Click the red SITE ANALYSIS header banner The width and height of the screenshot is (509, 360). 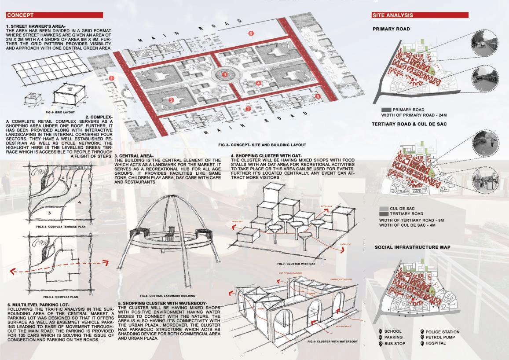coord(420,15)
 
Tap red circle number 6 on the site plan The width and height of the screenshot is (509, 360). coord(251,33)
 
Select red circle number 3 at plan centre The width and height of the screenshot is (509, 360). coord(225,75)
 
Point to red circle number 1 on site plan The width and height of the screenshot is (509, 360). coord(112,78)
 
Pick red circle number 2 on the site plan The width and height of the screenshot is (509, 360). coord(172,100)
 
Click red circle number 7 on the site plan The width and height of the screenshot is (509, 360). coord(248,108)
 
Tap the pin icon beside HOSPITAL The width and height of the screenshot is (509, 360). coord(422,343)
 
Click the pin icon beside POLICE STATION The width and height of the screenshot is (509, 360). coord(422,332)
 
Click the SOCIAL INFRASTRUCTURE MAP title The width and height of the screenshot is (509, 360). coord(412,247)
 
